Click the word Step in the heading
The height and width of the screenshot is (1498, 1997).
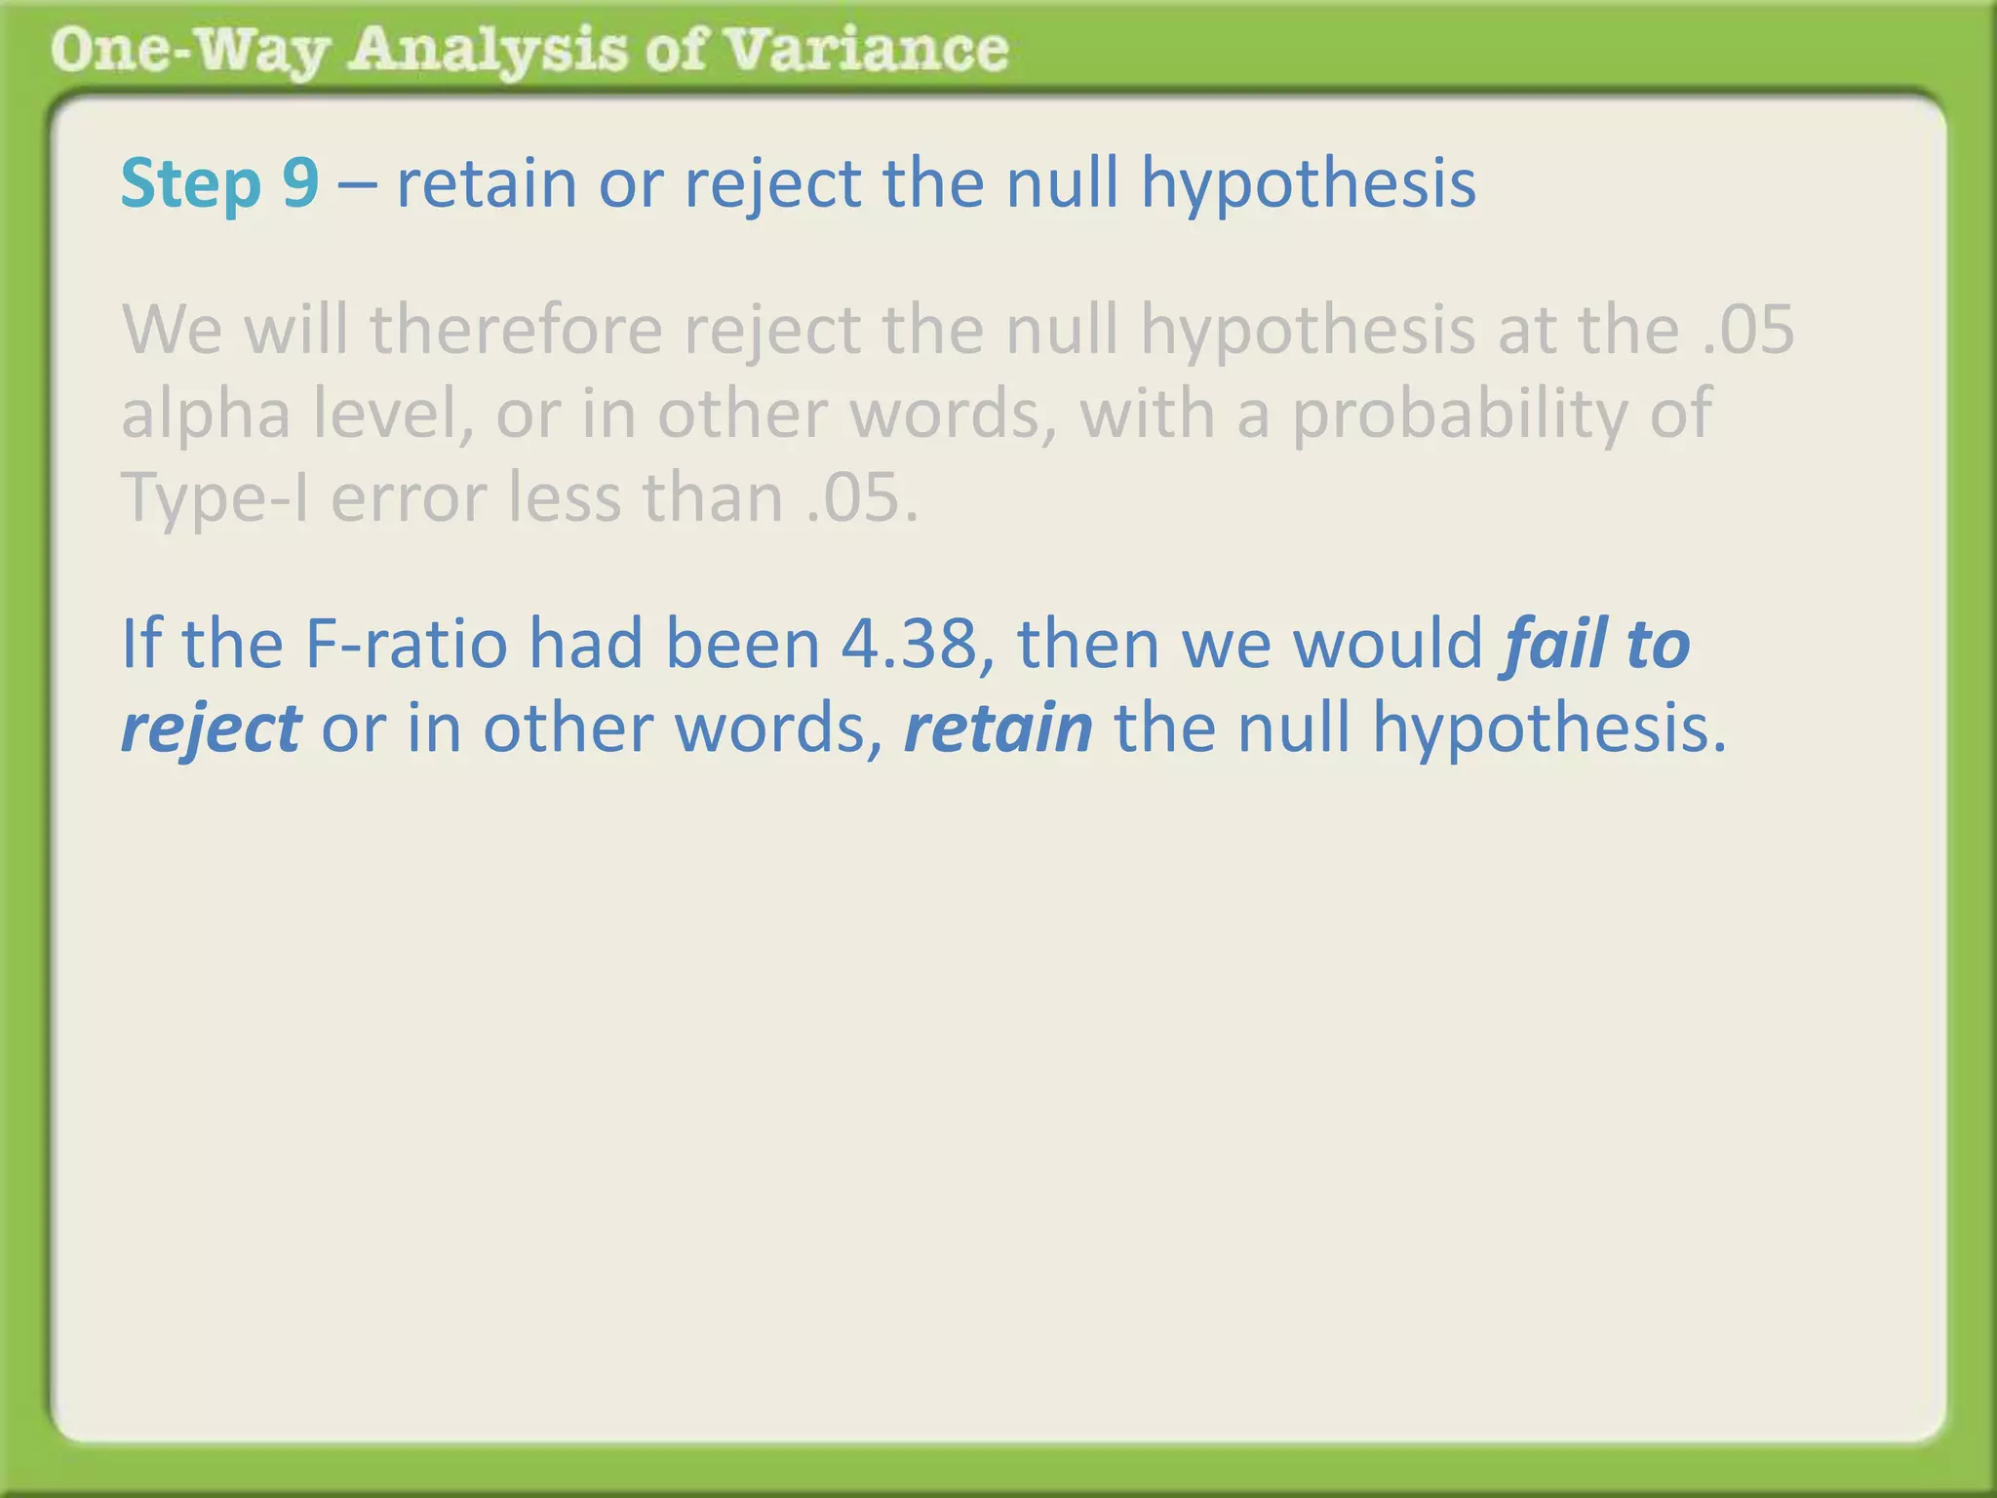tap(191, 185)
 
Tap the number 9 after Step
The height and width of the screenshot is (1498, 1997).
tap(300, 183)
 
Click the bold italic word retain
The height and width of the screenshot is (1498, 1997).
tap(998, 729)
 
